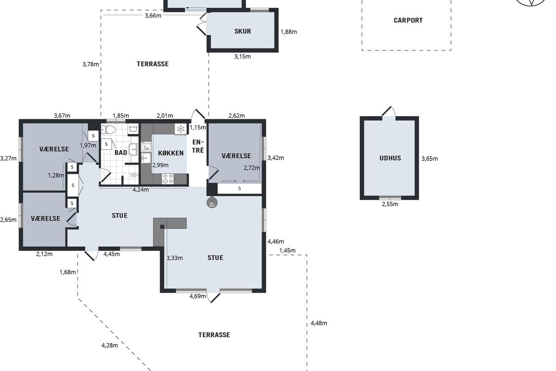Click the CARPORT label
[x=408, y=20]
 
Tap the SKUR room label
[x=242, y=32]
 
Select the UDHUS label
[x=390, y=158]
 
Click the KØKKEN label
[x=171, y=153]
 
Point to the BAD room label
[x=121, y=153]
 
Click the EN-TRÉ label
[x=198, y=146]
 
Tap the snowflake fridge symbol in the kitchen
[x=181, y=129]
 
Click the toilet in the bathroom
[x=108, y=129]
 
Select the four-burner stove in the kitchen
[x=168, y=179]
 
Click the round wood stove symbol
[x=212, y=203]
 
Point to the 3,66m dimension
[x=153, y=16]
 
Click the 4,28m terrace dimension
[x=110, y=345]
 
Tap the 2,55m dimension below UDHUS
[x=390, y=204]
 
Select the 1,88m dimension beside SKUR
[x=289, y=32]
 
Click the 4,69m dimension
[x=197, y=296]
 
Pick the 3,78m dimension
[x=91, y=64]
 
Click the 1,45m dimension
[x=287, y=250]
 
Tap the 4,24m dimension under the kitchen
[x=141, y=190]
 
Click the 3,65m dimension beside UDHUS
[x=430, y=159]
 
